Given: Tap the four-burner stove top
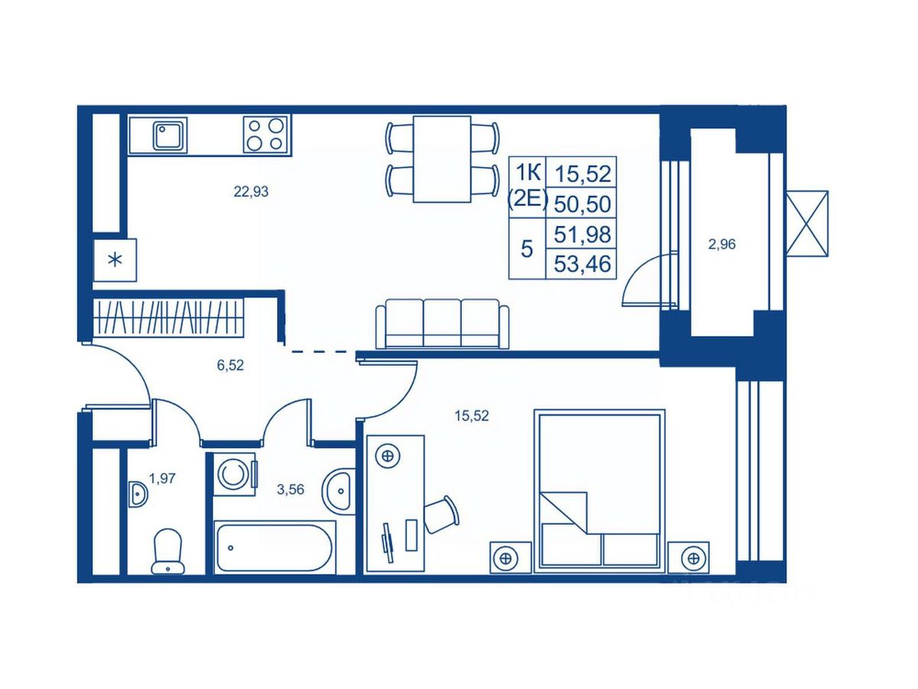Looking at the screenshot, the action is coord(265,134).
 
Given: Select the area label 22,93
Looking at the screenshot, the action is coord(251,192).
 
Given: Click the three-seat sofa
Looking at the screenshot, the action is coord(442,324).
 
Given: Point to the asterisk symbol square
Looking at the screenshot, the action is coord(115,260).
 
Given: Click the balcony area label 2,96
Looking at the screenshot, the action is coord(721,244).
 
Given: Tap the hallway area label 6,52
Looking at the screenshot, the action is coord(230,366).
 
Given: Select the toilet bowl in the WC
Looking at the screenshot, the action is coord(168,551).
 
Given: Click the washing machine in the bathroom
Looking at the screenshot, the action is coord(235,475).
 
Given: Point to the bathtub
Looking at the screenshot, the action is coord(275,547).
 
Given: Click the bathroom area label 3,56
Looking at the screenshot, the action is coord(290,489).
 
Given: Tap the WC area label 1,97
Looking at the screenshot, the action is coord(162,478).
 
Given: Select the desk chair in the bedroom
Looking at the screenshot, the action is coord(441,514).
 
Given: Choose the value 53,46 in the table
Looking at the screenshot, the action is coord(583,264).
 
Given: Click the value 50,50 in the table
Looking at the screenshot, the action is coord(583,204).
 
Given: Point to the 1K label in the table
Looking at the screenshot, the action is coord(528,173).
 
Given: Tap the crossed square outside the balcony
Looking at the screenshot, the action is coord(807,224).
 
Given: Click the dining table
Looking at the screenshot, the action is coord(442,159).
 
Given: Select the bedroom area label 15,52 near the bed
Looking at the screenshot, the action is coord(472,416).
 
